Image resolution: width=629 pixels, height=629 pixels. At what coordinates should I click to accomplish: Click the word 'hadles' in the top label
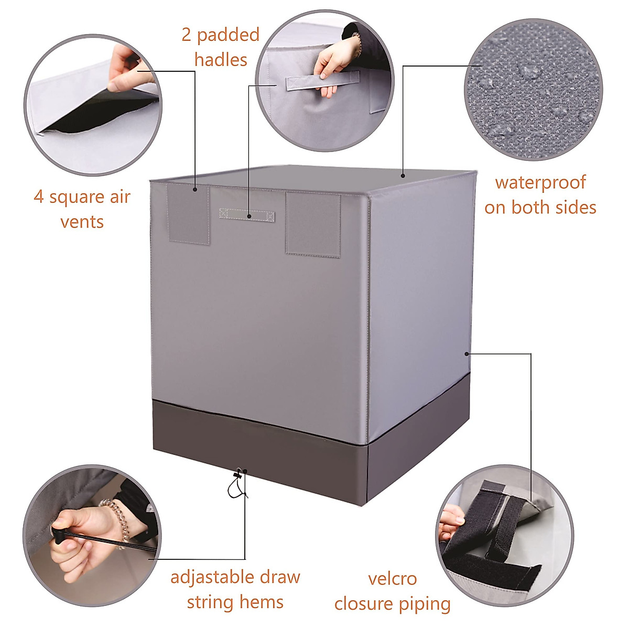point(221,59)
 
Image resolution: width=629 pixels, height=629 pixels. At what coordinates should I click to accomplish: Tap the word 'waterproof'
point(540,183)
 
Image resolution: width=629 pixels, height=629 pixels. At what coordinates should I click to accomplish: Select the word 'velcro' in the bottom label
point(392,579)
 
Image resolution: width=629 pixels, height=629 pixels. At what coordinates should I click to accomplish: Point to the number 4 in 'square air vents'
point(38,198)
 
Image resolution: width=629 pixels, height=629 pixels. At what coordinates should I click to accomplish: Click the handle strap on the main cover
point(247,214)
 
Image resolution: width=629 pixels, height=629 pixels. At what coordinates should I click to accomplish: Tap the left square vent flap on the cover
point(189,214)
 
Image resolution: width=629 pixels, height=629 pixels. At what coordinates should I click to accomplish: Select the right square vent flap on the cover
point(313,224)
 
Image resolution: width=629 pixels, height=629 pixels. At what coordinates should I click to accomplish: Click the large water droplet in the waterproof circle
point(529,71)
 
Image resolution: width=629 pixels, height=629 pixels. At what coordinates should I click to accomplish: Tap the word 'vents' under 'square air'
point(82,222)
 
